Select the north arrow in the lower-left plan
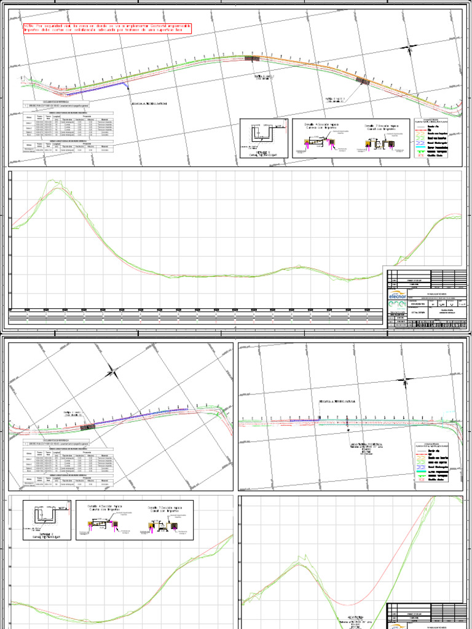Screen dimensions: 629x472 [111, 371]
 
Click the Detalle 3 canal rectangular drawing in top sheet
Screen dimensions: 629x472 [265, 138]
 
